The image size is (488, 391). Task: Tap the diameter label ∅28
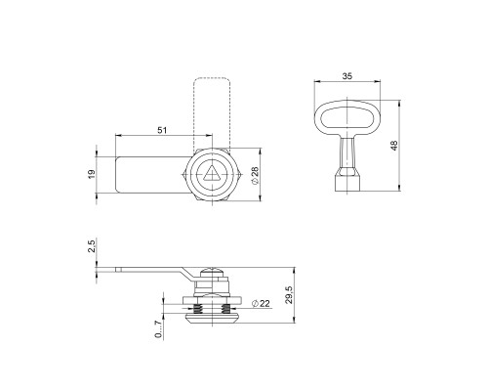click(253, 177)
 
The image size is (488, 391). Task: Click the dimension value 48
click(394, 146)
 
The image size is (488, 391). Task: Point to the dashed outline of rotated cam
click(212, 108)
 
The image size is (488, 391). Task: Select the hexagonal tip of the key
click(346, 180)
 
